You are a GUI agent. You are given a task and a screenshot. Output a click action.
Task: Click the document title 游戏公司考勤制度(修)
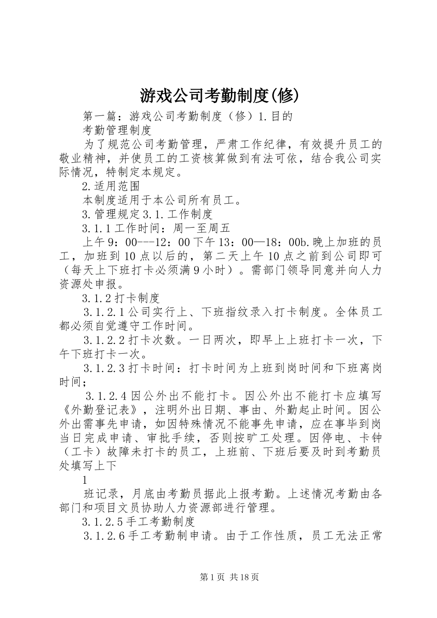point(219,96)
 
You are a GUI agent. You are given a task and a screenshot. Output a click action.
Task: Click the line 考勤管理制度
point(117,130)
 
